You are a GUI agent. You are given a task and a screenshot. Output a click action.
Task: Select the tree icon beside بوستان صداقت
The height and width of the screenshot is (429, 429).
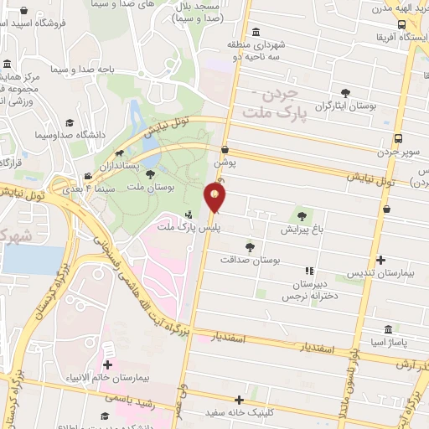(250, 246)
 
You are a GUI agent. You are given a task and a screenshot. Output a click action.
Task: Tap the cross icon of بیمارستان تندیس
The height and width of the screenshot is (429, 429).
(382, 260)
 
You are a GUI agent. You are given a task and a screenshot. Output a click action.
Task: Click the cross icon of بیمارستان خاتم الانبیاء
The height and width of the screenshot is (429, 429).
(107, 364)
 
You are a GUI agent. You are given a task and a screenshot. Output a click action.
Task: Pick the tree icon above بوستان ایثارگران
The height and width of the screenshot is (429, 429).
(344, 93)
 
